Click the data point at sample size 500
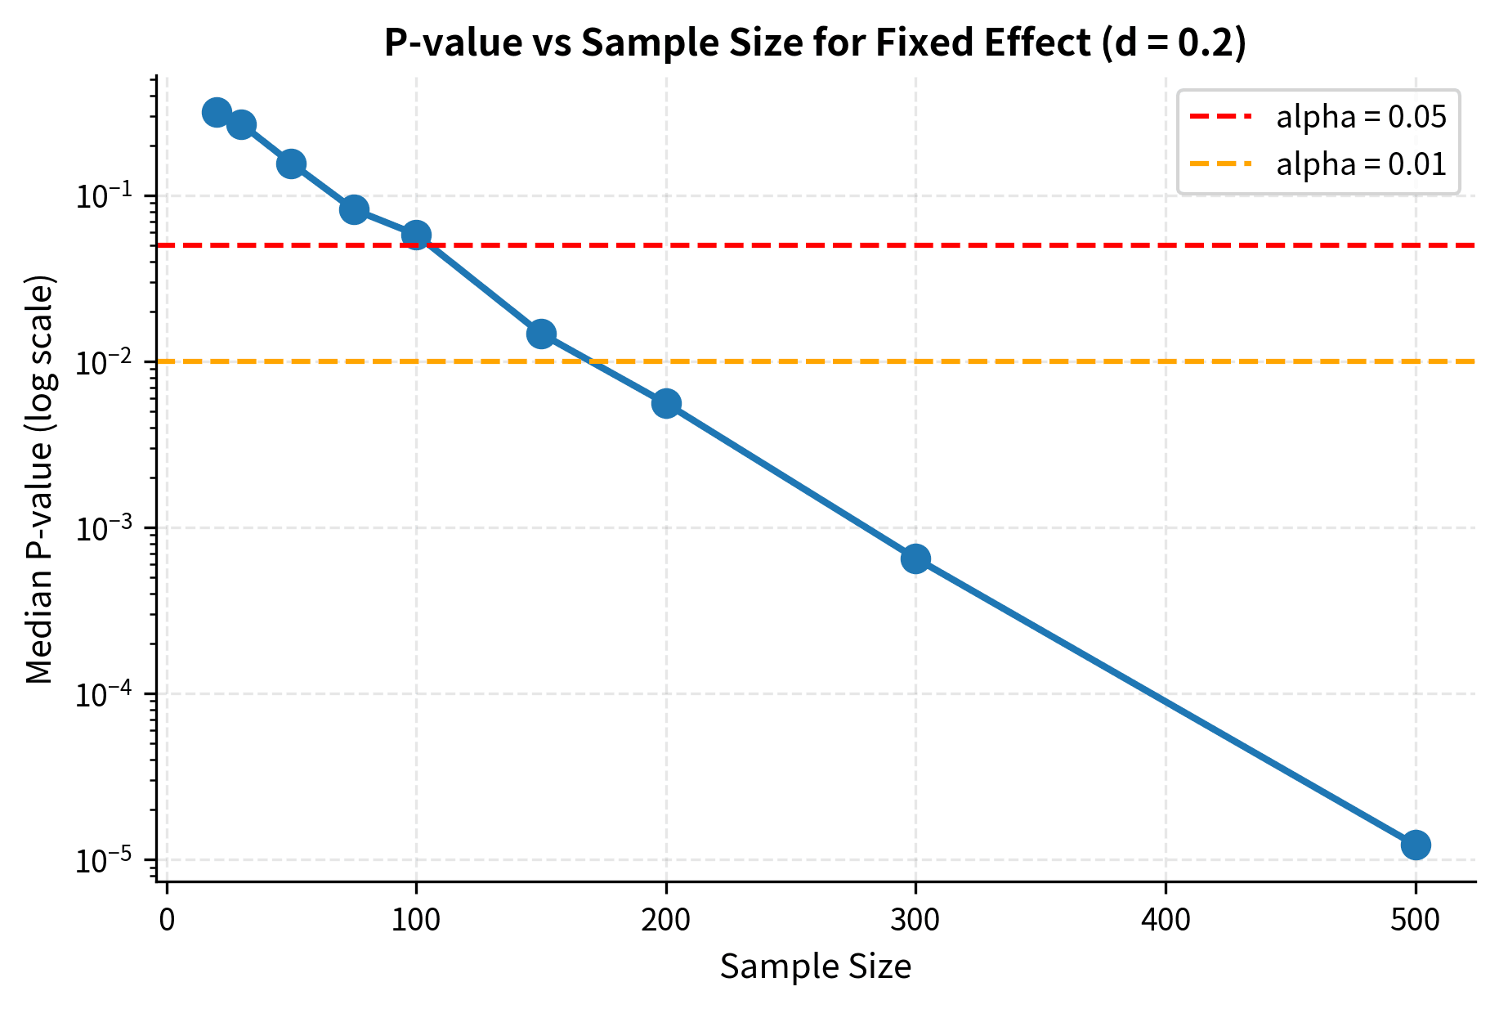(x=1415, y=845)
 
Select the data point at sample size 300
(x=915, y=559)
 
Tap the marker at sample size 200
(x=666, y=403)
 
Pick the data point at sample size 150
(x=541, y=334)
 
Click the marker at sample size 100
(x=416, y=235)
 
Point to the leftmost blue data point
(x=216, y=112)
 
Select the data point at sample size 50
(x=291, y=164)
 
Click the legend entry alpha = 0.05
(x=1361, y=118)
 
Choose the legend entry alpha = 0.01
(x=1361, y=164)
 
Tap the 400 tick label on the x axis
(x=1165, y=920)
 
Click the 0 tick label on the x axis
(x=167, y=920)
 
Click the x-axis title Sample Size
(x=815, y=967)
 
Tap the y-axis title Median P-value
(x=39, y=480)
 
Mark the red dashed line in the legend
(x=1220, y=118)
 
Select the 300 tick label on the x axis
(x=915, y=920)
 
